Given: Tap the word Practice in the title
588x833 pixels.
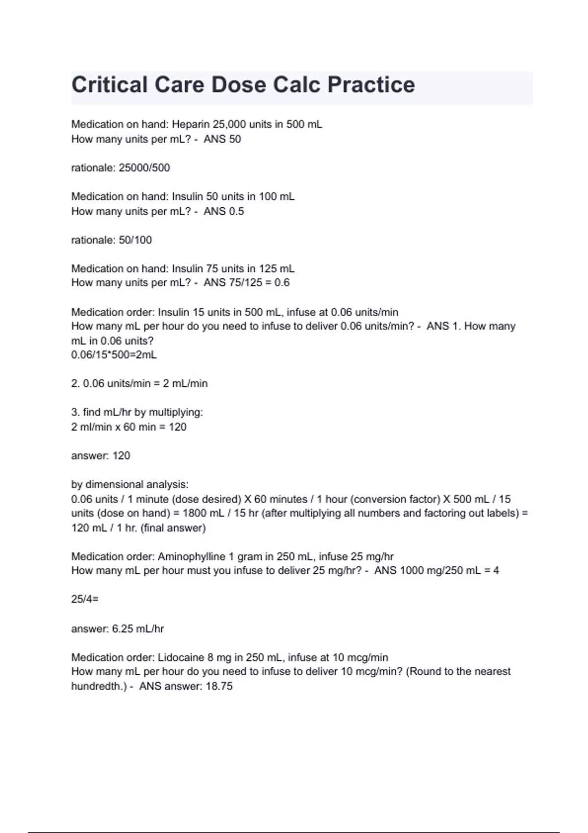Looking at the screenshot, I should click(371, 85).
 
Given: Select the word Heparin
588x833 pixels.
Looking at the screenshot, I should click(191, 124).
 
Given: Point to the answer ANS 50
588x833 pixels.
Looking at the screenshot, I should click(222, 139).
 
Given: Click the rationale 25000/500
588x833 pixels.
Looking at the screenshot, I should click(145, 168).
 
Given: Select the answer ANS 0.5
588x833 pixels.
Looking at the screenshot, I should click(224, 211).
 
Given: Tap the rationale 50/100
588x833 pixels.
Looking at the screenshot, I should click(135, 240).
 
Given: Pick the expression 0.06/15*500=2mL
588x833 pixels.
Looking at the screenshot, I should click(114, 355).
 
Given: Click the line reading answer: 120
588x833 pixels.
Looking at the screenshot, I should click(100, 456).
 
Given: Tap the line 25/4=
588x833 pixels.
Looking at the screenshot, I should click(85, 599).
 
